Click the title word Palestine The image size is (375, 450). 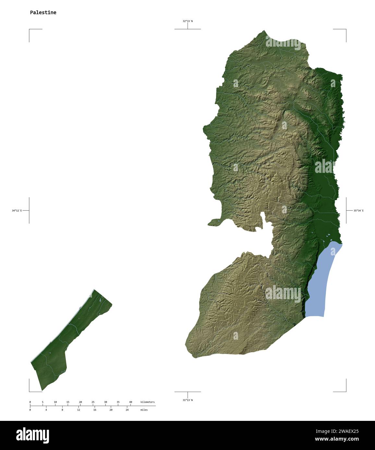click(x=43, y=13)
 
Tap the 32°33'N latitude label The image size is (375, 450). click(x=187, y=21)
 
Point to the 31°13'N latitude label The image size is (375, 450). click(x=187, y=400)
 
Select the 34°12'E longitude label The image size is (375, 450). click(x=17, y=210)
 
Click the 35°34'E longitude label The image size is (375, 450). click(x=358, y=210)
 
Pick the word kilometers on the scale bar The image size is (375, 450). click(x=147, y=402)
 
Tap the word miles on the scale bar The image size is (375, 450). click(x=144, y=410)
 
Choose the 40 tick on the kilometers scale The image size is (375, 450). click(x=131, y=402)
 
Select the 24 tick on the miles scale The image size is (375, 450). click(x=127, y=410)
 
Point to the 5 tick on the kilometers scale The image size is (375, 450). click(x=42, y=402)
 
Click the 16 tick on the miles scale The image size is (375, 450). click(x=95, y=410)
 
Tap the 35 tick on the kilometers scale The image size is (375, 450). click(x=118, y=402)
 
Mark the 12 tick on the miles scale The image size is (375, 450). click(x=79, y=410)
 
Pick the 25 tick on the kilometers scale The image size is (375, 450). click(x=93, y=402)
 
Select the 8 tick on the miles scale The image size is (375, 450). click(x=62, y=410)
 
